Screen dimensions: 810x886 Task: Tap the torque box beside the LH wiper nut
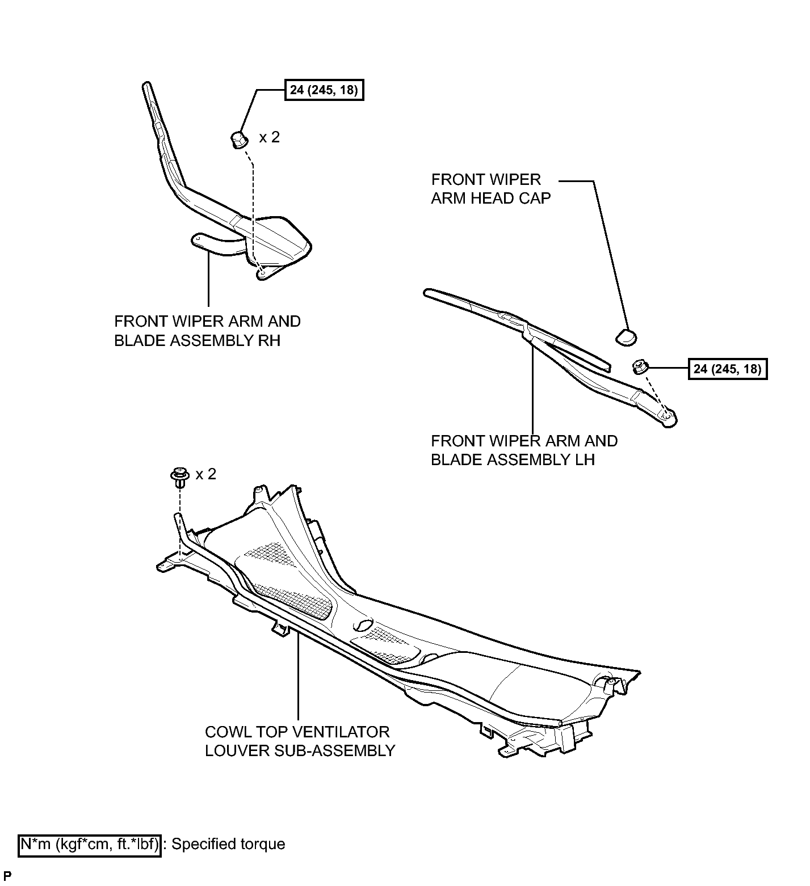(x=727, y=369)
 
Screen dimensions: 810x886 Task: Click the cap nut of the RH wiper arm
(x=239, y=139)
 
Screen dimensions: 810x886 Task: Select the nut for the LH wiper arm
(x=640, y=367)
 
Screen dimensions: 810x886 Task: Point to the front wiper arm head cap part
(x=626, y=336)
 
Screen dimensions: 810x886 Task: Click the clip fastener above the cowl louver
(x=180, y=476)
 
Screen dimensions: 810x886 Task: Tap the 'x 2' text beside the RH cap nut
(x=270, y=137)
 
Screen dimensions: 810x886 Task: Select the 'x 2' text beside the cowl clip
(x=206, y=474)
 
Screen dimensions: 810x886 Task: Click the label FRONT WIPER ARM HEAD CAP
(x=491, y=189)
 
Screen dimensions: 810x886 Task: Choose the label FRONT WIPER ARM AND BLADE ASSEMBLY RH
(x=207, y=331)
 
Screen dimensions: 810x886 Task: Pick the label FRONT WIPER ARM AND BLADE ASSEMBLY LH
(x=524, y=450)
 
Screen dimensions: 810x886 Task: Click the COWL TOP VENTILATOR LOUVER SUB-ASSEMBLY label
(x=300, y=741)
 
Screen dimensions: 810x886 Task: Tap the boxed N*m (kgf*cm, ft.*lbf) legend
(x=90, y=844)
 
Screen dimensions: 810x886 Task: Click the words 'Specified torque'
(x=228, y=844)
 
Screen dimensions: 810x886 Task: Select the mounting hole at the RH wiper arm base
(x=262, y=273)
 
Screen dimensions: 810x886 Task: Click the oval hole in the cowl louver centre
(x=362, y=625)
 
